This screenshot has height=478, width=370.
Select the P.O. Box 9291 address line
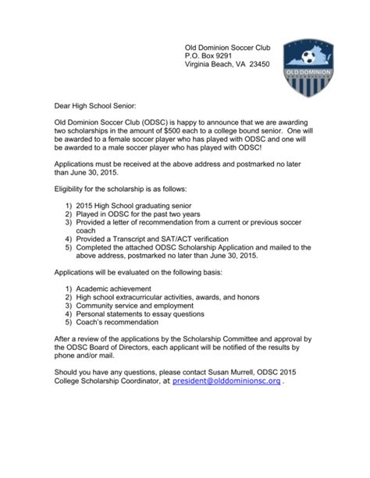207,57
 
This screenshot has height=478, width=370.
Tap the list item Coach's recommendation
120,335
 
